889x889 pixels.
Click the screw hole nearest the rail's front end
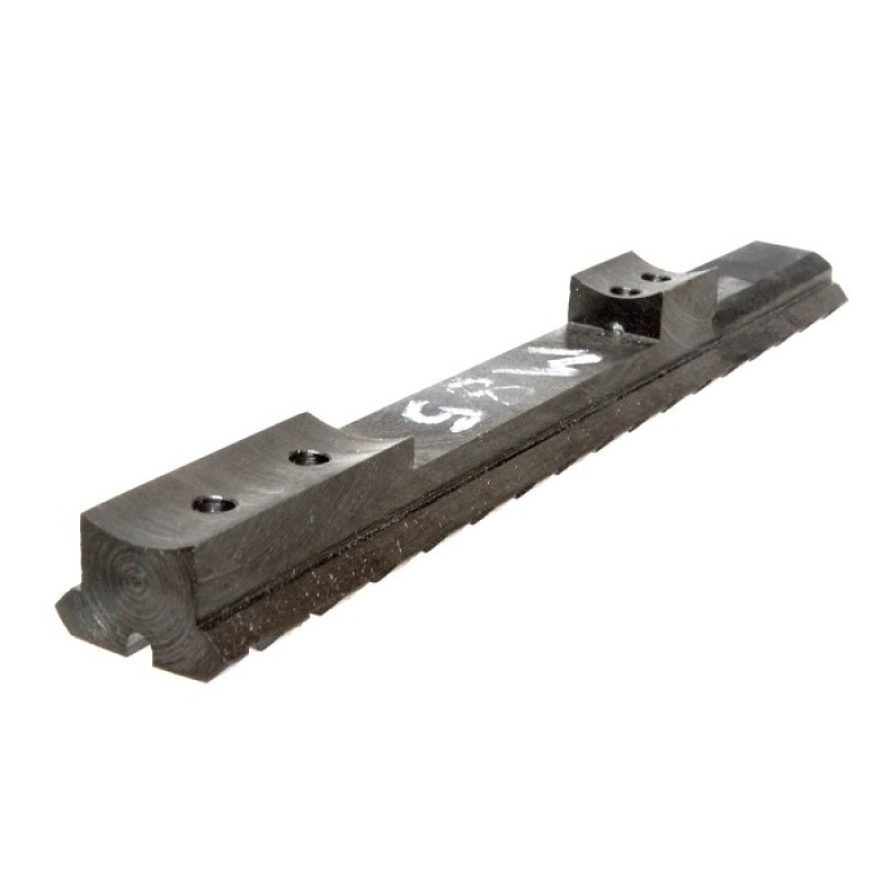(x=216, y=506)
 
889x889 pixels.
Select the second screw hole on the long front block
(x=309, y=459)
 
